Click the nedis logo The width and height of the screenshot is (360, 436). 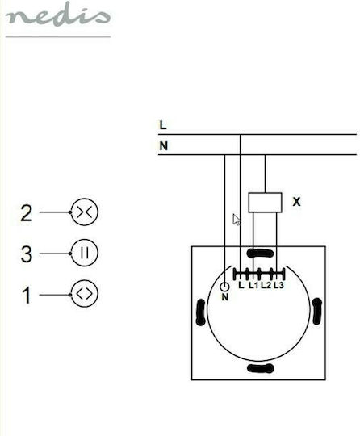click(58, 15)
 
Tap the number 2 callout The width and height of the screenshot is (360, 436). click(27, 213)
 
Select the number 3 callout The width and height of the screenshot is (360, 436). click(27, 254)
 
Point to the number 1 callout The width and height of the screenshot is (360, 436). click(27, 296)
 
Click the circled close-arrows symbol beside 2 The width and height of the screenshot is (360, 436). click(85, 212)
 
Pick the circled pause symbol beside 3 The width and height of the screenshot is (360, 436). click(85, 253)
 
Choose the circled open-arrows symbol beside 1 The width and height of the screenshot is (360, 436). click(85, 294)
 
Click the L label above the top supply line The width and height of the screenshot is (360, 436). click(163, 125)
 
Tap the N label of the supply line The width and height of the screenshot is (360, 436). click(164, 146)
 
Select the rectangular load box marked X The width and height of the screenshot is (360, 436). click(265, 203)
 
